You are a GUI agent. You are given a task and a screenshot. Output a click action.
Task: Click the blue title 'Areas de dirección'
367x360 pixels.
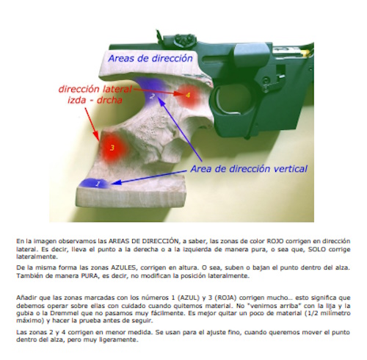[150, 58]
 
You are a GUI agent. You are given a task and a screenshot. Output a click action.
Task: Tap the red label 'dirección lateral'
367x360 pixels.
[95, 89]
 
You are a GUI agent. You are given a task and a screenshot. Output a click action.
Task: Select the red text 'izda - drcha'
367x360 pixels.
[95, 100]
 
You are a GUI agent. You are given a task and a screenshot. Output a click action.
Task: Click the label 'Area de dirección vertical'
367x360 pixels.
[249, 169]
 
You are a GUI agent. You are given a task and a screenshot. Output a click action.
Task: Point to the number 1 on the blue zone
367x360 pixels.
[98, 184]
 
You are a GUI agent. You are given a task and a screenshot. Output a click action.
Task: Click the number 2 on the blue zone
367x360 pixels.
[152, 96]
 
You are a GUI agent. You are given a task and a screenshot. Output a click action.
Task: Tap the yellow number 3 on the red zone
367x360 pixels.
[112, 148]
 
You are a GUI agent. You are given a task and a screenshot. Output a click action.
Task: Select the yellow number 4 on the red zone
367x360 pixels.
[188, 95]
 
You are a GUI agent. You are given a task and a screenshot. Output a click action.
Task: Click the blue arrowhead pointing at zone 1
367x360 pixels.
[115, 182]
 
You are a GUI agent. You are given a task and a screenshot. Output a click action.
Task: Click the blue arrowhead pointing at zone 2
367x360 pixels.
[160, 100]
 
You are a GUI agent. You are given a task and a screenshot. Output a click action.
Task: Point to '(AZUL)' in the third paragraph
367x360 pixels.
[189, 298]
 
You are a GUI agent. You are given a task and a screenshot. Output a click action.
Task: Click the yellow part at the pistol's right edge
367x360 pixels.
[305, 52]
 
